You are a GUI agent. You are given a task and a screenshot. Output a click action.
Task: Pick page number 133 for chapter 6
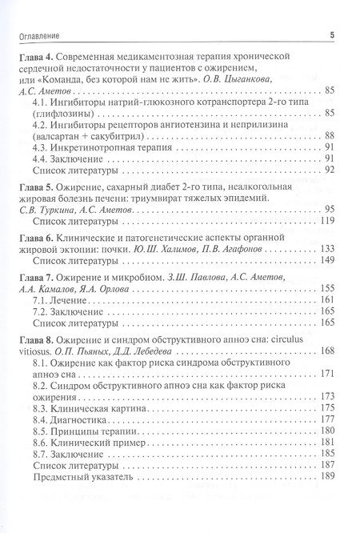(326, 248)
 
